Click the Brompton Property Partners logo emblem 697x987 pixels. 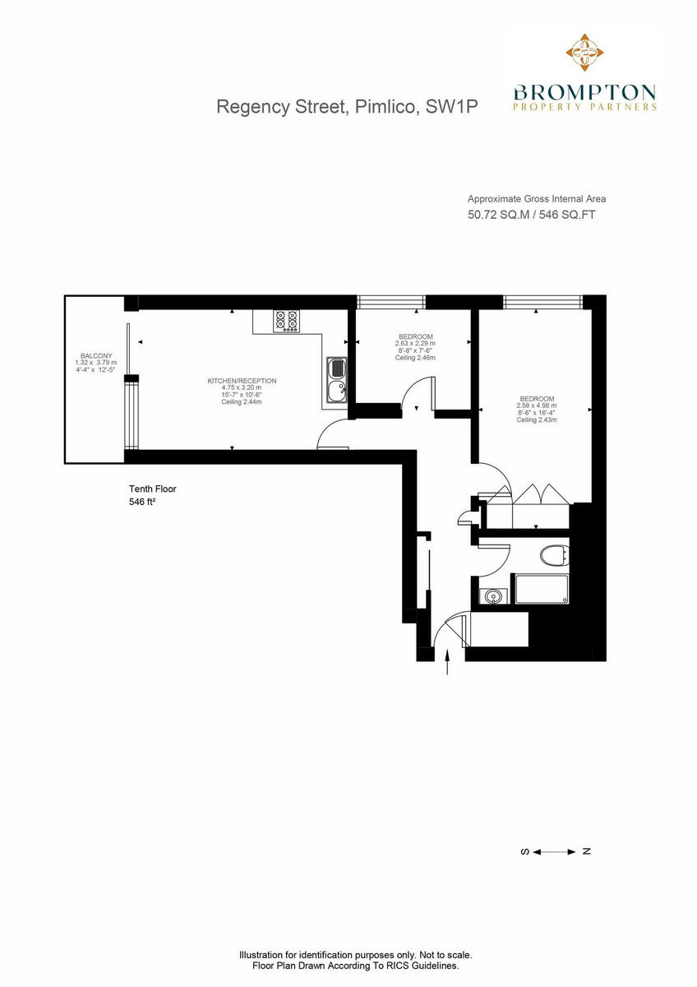(x=584, y=53)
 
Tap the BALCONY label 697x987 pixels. (x=96, y=355)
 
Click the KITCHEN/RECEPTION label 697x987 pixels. (x=242, y=381)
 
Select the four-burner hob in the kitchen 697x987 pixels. (x=287, y=321)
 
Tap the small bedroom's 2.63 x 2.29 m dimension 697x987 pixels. (x=416, y=344)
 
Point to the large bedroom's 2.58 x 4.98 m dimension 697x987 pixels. (x=536, y=405)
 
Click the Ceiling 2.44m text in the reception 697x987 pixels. (x=242, y=401)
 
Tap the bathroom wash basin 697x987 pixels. (x=493, y=595)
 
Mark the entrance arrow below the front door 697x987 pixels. (x=447, y=662)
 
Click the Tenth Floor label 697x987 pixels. (x=153, y=489)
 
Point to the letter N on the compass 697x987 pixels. (x=586, y=851)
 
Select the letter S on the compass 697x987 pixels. (x=524, y=851)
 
